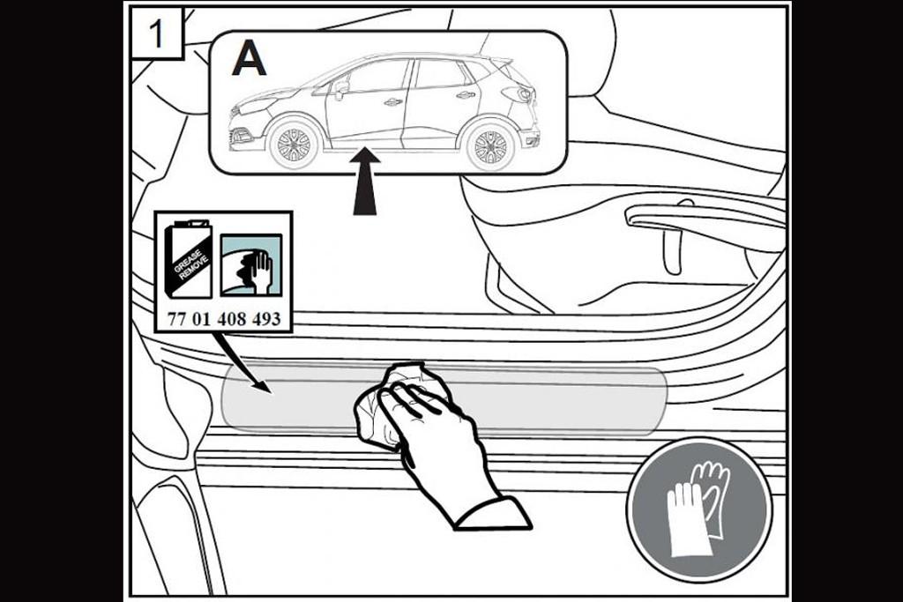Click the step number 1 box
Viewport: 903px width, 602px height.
[x=157, y=33]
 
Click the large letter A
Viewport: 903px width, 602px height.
[x=249, y=60]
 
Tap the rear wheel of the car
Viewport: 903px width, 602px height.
[x=490, y=146]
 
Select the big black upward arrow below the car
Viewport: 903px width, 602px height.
[x=365, y=182]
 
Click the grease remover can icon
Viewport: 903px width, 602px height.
[x=188, y=260]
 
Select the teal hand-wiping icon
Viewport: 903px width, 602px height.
[x=251, y=264]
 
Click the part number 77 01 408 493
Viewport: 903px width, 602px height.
[x=224, y=319]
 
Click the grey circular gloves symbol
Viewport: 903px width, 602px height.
[x=699, y=510]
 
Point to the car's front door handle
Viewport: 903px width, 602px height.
[x=392, y=102]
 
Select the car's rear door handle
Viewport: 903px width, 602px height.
[x=466, y=95]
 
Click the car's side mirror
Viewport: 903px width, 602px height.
[x=341, y=88]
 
